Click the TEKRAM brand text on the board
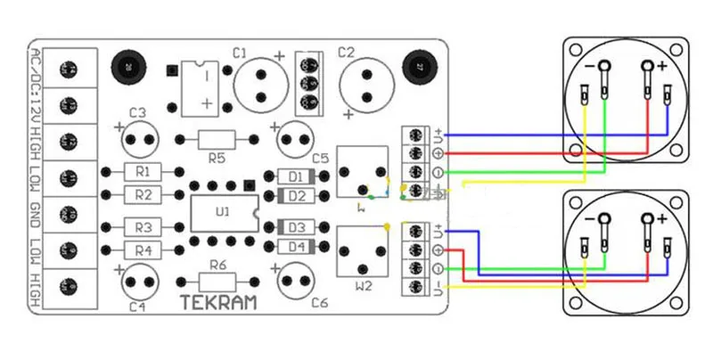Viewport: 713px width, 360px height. click(219, 303)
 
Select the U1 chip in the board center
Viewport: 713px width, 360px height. click(223, 212)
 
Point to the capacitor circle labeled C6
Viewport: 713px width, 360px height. click(299, 282)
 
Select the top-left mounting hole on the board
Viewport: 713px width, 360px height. click(128, 66)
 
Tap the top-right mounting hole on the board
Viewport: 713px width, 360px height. click(418, 66)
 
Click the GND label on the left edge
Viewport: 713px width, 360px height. click(37, 215)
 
